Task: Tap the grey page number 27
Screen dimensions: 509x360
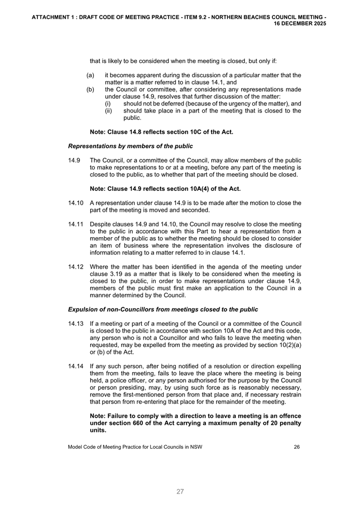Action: (180, 492)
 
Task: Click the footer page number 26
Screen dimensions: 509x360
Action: (297, 447)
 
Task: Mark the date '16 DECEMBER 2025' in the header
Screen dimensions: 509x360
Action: (300, 24)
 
